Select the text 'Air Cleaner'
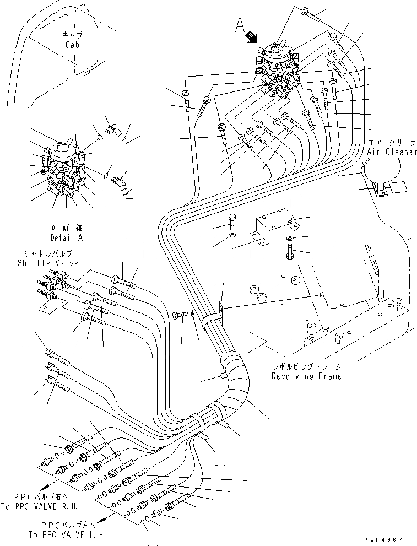(392, 152)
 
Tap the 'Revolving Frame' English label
(306, 376)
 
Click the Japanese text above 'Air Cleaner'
(393, 143)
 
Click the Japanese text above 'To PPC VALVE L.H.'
(66, 525)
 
